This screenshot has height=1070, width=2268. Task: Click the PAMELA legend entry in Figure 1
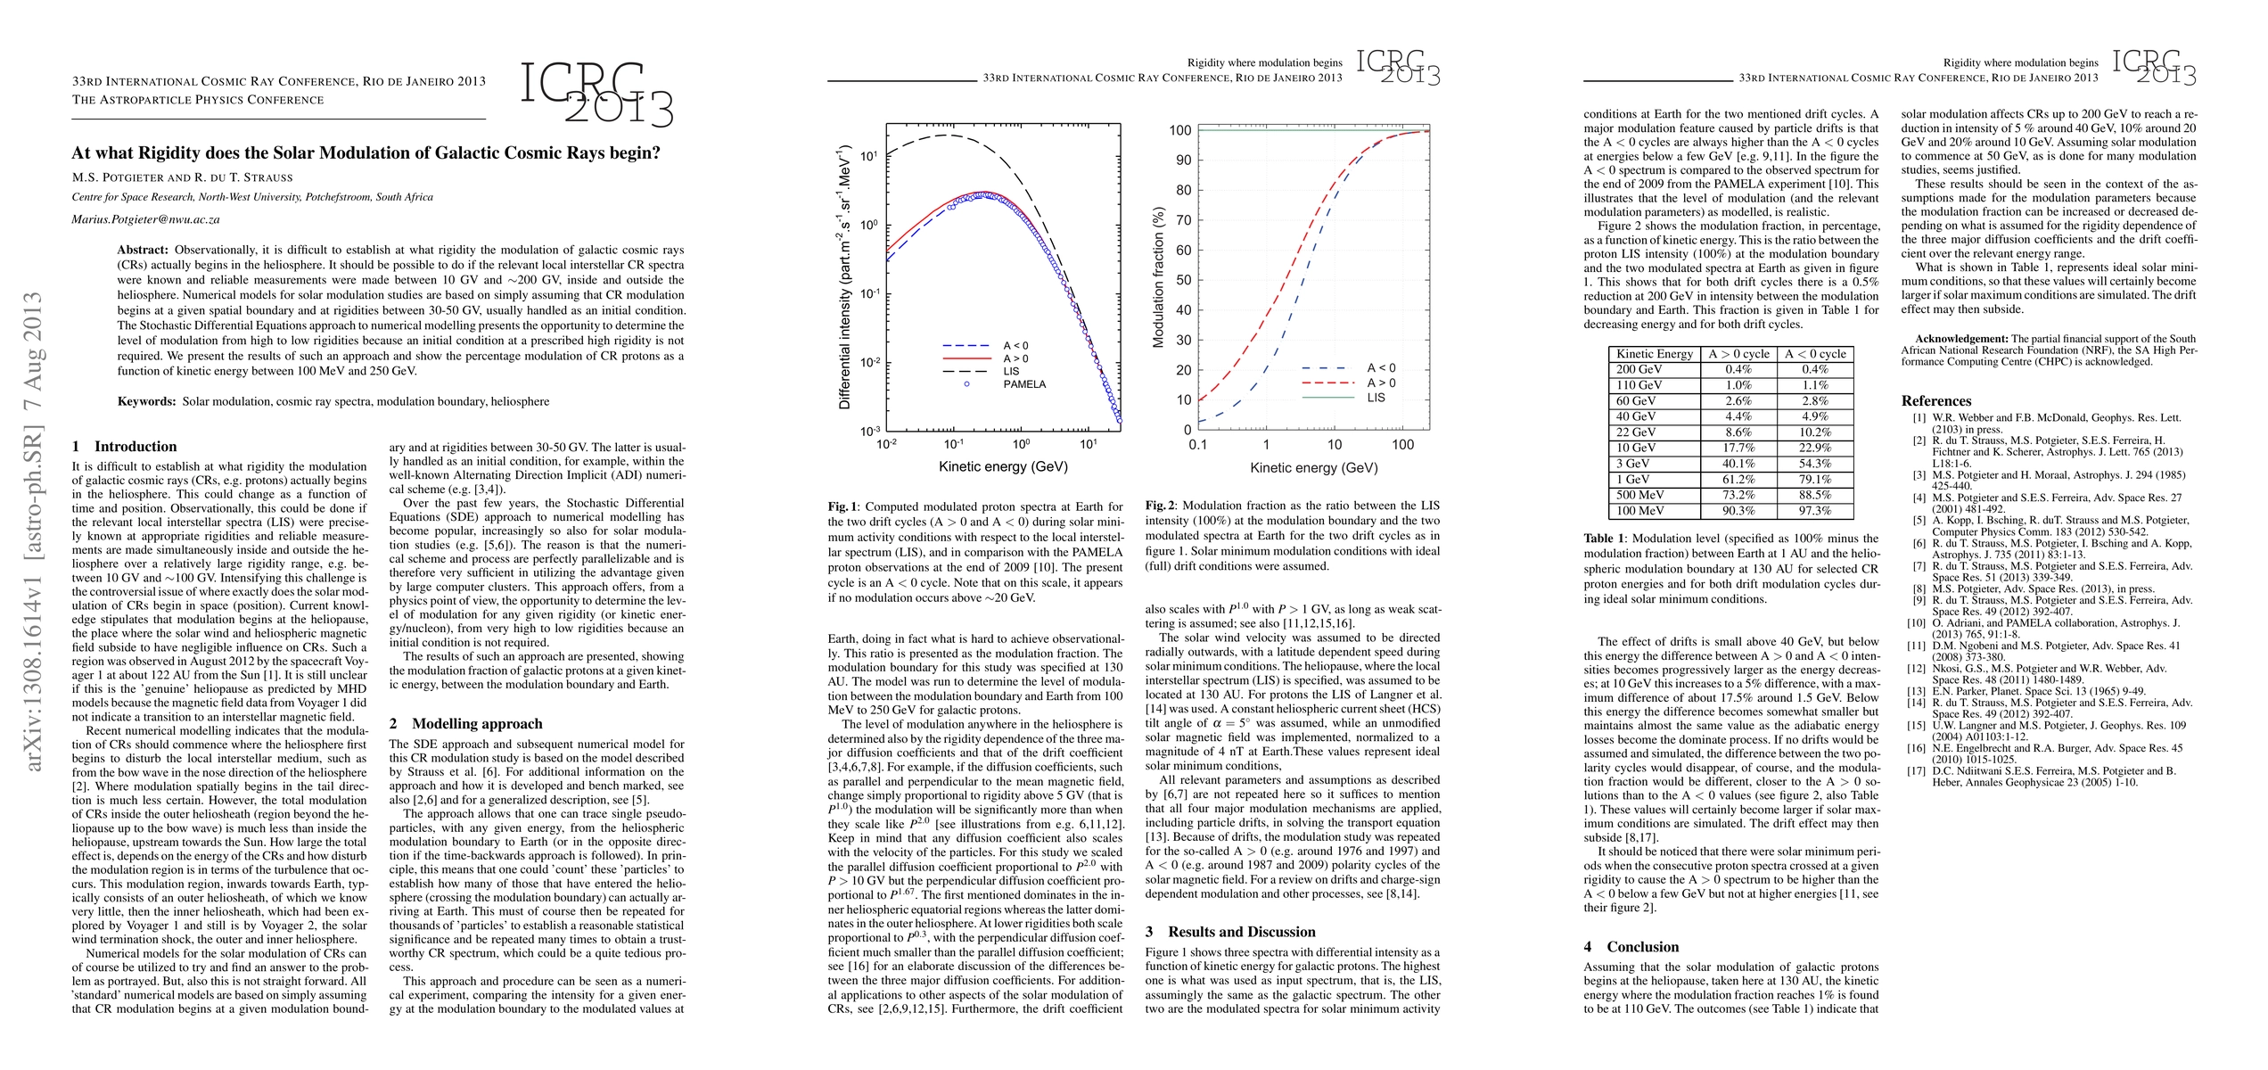(x=1023, y=384)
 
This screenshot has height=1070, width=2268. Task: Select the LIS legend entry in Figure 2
(x=1376, y=398)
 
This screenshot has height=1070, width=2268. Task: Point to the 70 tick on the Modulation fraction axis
(x=1179, y=220)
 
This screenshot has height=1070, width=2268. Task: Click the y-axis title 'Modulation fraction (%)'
(x=1159, y=278)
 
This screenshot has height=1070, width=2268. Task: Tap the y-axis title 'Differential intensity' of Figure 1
(x=844, y=276)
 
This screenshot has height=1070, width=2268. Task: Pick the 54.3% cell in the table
(x=1815, y=464)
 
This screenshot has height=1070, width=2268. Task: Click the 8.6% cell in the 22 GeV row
(x=1738, y=432)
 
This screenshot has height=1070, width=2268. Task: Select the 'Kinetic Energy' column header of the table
(x=1655, y=354)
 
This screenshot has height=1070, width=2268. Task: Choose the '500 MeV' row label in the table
(x=1640, y=495)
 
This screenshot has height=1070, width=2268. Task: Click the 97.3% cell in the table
(x=1815, y=511)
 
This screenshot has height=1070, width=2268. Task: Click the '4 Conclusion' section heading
(x=1631, y=947)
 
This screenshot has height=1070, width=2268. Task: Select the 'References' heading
(x=1935, y=401)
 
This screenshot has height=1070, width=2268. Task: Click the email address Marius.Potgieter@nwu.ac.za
(x=146, y=219)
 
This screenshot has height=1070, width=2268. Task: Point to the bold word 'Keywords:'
(x=146, y=401)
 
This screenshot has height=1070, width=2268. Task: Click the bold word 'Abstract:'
(x=143, y=251)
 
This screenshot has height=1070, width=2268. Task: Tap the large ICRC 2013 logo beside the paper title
(x=596, y=94)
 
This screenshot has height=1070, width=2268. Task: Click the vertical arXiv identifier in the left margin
(x=33, y=543)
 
